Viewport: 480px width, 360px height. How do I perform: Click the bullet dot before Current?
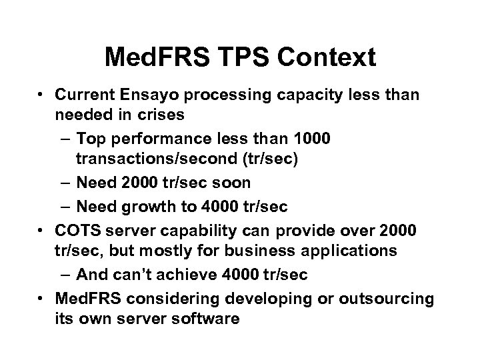coord(42,95)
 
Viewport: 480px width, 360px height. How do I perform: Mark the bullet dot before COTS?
coord(42,230)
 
